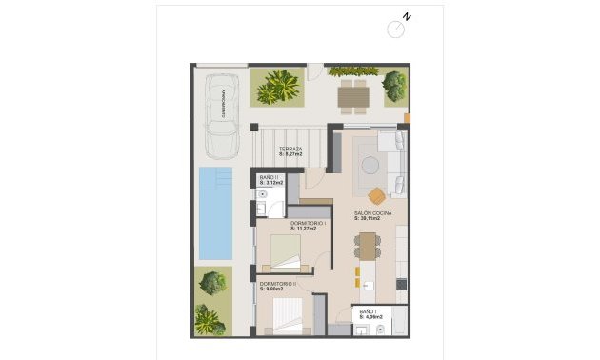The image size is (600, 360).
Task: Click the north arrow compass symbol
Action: (398, 27)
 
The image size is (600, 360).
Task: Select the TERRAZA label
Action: (290, 150)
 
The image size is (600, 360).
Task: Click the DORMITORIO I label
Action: (309, 223)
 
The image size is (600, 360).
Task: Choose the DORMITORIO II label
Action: (276, 283)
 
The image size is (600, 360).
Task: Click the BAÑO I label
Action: (368, 311)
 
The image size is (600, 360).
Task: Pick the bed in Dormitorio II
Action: (289, 315)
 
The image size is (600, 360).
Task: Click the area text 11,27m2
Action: (305, 230)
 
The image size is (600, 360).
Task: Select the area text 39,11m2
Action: (369, 219)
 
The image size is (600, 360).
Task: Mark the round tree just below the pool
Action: (213, 283)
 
